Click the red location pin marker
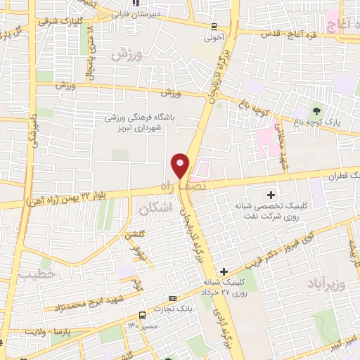[x=181, y=165]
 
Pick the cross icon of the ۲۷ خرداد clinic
[x=224, y=271]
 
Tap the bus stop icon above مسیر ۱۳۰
[x=143, y=314]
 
